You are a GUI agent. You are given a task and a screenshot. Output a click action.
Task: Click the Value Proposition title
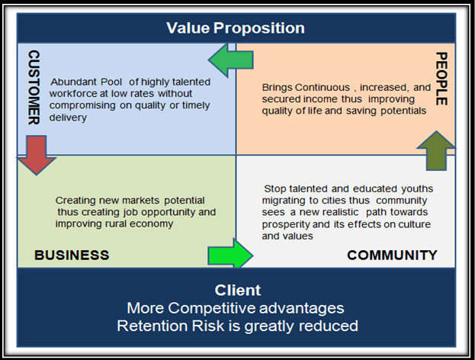(236, 28)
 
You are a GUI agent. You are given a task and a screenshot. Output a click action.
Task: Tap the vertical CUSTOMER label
(34, 87)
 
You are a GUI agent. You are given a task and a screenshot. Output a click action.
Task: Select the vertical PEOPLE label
(441, 79)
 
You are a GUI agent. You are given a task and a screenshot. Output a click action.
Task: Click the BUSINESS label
(72, 256)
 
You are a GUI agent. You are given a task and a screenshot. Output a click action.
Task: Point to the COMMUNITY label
(392, 256)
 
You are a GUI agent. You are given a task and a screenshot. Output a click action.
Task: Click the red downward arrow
(37, 155)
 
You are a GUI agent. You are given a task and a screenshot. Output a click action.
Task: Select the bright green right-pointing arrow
(230, 254)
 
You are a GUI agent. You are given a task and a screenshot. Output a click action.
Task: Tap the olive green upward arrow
(436, 150)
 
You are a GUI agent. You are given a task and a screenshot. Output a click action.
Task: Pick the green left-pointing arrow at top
(230, 60)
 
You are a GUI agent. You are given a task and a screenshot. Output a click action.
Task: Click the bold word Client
(238, 290)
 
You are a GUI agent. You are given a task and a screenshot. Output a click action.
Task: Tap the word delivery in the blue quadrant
(68, 117)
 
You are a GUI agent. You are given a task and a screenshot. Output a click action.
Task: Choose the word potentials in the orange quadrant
(403, 111)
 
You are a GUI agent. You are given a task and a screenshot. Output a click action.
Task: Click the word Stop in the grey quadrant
(274, 189)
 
